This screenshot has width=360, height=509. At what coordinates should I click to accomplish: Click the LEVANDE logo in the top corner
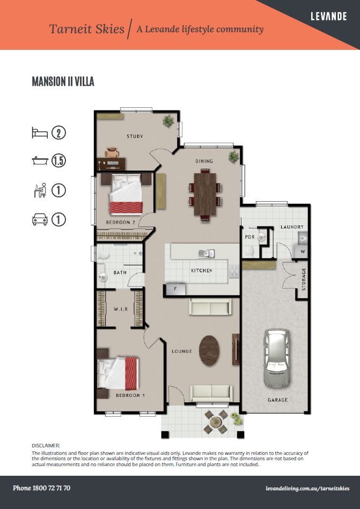[x=329, y=16]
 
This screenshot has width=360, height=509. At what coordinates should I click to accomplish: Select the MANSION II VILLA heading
[x=63, y=82]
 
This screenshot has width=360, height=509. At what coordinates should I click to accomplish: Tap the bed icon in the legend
[x=40, y=133]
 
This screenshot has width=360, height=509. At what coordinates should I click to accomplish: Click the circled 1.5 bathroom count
[x=58, y=161]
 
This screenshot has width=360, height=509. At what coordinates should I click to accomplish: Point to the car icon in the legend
[x=40, y=219]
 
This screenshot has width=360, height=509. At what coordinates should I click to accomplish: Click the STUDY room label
[x=135, y=136]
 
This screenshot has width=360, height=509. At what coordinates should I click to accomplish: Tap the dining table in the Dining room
[x=205, y=194]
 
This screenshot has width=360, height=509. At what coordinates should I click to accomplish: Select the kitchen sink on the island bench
[x=207, y=253]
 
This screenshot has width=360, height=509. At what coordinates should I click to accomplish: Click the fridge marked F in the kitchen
[x=175, y=289]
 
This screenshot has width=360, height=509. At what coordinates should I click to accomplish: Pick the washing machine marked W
[x=301, y=251]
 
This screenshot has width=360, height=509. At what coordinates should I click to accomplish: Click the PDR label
[x=249, y=237]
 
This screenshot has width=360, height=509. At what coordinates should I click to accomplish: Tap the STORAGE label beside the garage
[x=304, y=279]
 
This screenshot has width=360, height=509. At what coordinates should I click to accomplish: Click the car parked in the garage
[x=277, y=358]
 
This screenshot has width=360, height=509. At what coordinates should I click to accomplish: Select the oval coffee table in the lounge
[x=209, y=350]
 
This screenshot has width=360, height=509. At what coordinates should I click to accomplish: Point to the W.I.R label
[x=120, y=309]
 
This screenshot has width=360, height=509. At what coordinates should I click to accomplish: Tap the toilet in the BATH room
[x=102, y=255]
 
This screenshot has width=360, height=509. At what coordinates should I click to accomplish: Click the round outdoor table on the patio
[x=215, y=422]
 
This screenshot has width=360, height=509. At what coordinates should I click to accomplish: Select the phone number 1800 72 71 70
[x=52, y=488]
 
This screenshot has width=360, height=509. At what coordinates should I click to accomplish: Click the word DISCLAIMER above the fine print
[x=46, y=446]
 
